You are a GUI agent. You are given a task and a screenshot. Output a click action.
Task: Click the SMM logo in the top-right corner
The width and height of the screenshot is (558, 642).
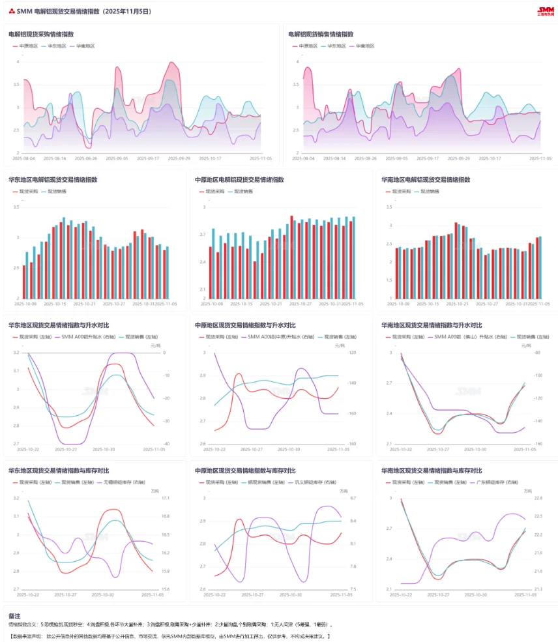(x=545, y=11)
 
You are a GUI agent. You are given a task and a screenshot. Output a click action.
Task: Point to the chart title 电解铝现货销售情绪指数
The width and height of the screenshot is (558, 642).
(x=321, y=34)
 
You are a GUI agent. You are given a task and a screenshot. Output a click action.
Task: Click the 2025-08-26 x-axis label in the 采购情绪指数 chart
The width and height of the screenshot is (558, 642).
(x=85, y=158)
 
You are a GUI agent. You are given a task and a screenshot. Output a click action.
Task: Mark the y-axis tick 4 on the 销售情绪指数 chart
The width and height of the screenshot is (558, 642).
(x=298, y=62)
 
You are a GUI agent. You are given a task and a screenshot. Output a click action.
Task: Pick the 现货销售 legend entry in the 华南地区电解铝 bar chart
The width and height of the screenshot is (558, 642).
(x=430, y=192)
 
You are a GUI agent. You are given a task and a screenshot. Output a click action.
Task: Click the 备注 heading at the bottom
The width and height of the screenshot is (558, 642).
(x=14, y=615)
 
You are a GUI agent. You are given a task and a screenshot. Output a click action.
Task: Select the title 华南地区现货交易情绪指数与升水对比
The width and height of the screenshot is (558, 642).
(x=432, y=325)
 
